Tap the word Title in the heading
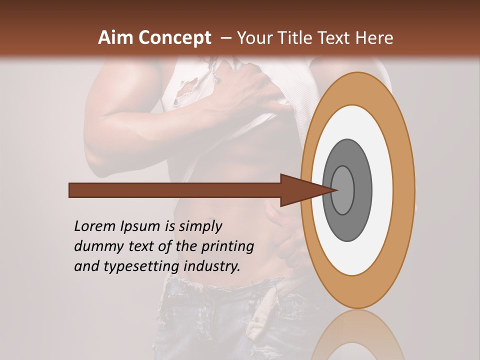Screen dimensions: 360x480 tap(290, 38)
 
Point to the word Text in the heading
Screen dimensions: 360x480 tap(332, 38)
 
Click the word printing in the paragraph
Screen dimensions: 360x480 tap(227, 246)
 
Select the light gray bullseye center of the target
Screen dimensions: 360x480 tap(343, 190)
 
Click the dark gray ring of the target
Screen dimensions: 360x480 tap(362, 190)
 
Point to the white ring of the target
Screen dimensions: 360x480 tap(382, 190)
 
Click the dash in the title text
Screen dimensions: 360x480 tap(225, 38)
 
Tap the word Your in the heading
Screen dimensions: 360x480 tap(253, 38)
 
